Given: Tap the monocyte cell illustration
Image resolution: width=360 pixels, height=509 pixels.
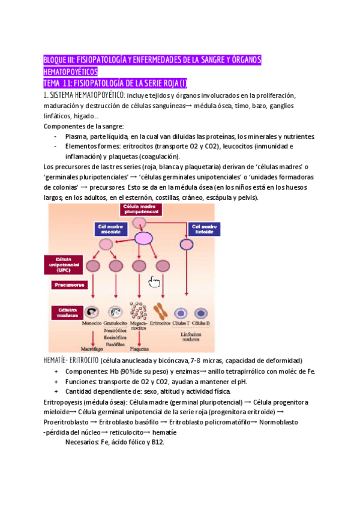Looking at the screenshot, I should pos(92,313).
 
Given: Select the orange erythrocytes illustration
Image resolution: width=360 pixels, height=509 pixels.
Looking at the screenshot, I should pos(161,312).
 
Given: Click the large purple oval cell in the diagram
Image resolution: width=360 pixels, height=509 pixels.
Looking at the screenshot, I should pos(144,238).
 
